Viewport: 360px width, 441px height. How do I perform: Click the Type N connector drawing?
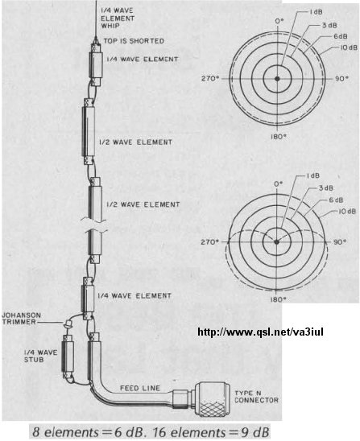[201, 398]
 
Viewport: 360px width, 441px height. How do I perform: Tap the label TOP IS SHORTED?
[134, 41]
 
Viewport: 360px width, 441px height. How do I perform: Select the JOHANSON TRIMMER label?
[22, 319]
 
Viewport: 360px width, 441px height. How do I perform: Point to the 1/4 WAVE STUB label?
[40, 356]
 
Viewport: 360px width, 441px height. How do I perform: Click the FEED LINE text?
[140, 388]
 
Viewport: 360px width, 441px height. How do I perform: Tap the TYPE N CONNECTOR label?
[256, 396]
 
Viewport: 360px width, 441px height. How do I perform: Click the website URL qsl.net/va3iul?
[260, 332]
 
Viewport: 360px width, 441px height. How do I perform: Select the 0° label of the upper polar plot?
[279, 22]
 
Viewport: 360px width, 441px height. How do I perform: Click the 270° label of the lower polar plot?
[209, 242]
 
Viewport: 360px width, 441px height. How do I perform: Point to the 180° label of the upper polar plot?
[279, 137]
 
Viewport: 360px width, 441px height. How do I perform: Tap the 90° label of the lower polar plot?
[339, 242]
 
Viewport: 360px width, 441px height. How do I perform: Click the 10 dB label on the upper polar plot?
[349, 47]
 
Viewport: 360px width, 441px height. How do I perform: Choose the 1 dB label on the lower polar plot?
[312, 175]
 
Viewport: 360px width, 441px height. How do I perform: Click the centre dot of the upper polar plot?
[278, 79]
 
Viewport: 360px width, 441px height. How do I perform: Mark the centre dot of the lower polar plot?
[277, 242]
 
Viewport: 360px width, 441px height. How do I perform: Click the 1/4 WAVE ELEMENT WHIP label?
[118, 19]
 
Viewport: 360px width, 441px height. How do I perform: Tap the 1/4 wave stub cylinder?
[68, 356]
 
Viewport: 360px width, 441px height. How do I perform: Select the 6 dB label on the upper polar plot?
[341, 36]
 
